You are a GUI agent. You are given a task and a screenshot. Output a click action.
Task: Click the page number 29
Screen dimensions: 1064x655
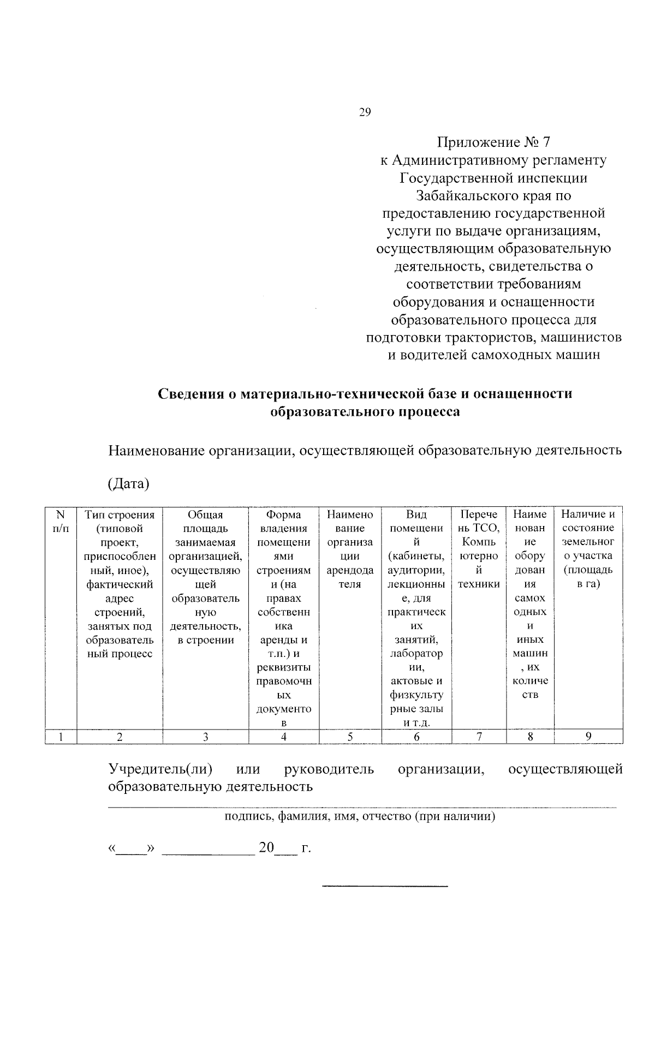coord(365,112)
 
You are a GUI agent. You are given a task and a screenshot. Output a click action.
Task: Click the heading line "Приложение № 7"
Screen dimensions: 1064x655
coord(493,142)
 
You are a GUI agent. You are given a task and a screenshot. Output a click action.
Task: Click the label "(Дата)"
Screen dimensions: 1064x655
coord(129,483)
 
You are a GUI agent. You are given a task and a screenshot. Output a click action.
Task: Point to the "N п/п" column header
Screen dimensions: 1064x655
coord(61,521)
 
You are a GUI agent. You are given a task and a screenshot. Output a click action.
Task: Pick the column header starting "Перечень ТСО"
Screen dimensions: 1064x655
coord(479,548)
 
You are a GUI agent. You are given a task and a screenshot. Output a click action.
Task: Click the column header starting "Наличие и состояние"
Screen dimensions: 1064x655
coord(588,548)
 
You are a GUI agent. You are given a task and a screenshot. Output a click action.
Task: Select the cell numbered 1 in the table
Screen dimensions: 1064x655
coord(61,737)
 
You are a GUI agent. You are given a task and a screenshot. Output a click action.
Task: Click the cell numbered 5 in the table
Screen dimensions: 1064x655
coord(350,737)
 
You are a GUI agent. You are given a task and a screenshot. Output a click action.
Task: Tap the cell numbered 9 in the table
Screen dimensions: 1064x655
coord(588,737)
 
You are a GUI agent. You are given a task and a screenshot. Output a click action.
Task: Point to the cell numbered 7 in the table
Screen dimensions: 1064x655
coord(479,737)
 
